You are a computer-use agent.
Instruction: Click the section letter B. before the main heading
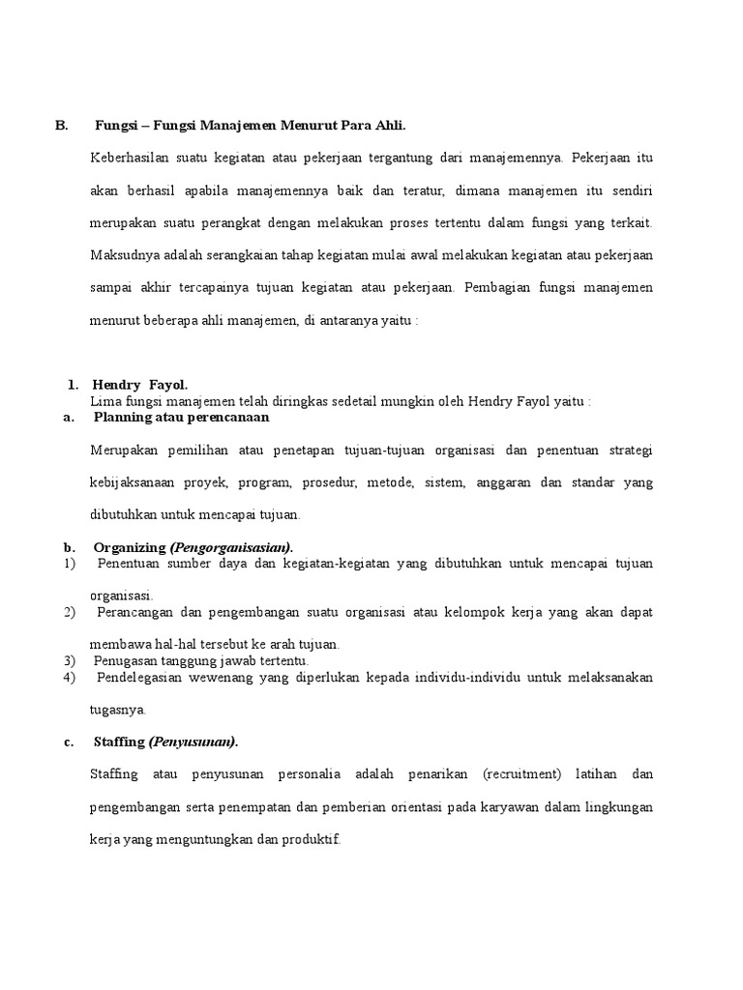pyautogui.click(x=61, y=126)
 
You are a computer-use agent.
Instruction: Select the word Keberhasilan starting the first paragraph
pyautogui.click(x=126, y=157)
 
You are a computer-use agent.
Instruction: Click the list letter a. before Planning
pyautogui.click(x=68, y=418)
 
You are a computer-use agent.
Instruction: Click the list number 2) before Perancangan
pyautogui.click(x=69, y=613)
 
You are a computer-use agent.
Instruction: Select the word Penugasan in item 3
pyautogui.click(x=126, y=660)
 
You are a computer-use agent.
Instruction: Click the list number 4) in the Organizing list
pyautogui.click(x=69, y=677)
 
